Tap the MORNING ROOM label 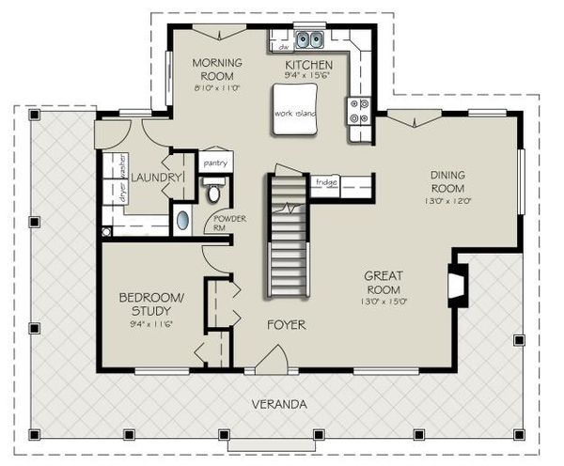pyautogui.click(x=217, y=70)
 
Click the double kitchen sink pyautogui.click(x=310, y=39)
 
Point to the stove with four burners pyautogui.click(x=358, y=112)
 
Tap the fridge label pyautogui.click(x=326, y=181)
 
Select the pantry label pyautogui.click(x=216, y=163)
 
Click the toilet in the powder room pyautogui.click(x=213, y=193)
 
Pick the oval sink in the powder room pyautogui.click(x=182, y=222)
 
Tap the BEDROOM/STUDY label pyautogui.click(x=151, y=305)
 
